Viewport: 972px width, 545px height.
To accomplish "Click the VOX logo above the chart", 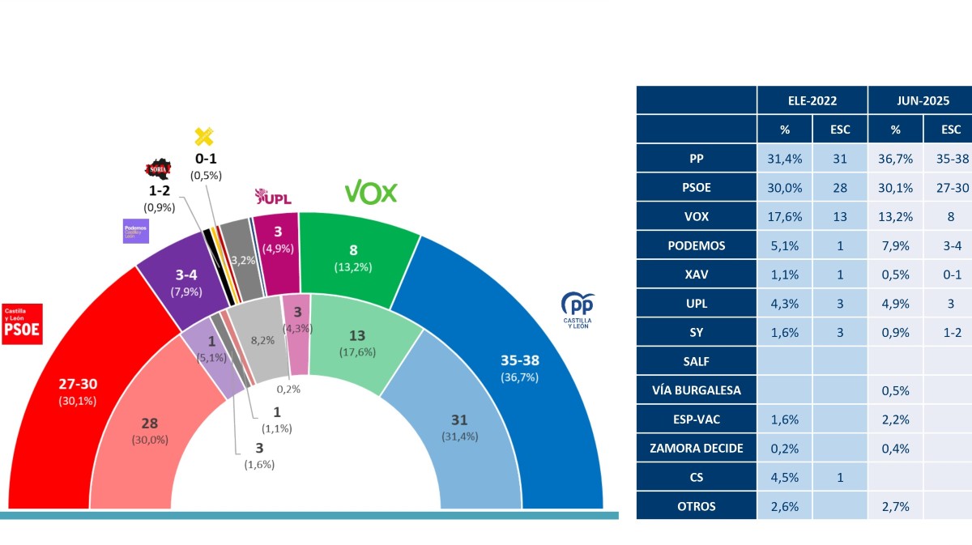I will (x=371, y=193).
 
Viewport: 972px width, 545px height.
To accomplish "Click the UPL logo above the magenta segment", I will (x=272, y=197).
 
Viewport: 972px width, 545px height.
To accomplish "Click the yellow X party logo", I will (x=204, y=137).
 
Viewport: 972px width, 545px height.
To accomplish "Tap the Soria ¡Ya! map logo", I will (x=158, y=170).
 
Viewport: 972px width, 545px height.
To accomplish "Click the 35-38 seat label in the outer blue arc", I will (x=518, y=360).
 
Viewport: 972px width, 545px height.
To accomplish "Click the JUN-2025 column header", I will (x=919, y=100).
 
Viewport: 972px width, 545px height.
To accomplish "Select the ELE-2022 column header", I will (x=812, y=100).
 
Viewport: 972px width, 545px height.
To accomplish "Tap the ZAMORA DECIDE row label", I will (x=697, y=449).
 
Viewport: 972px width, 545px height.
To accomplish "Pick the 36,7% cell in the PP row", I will (x=895, y=159).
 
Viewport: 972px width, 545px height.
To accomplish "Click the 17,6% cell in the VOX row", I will (x=785, y=216).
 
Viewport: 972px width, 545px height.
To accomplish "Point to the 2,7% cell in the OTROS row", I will (x=895, y=507).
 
